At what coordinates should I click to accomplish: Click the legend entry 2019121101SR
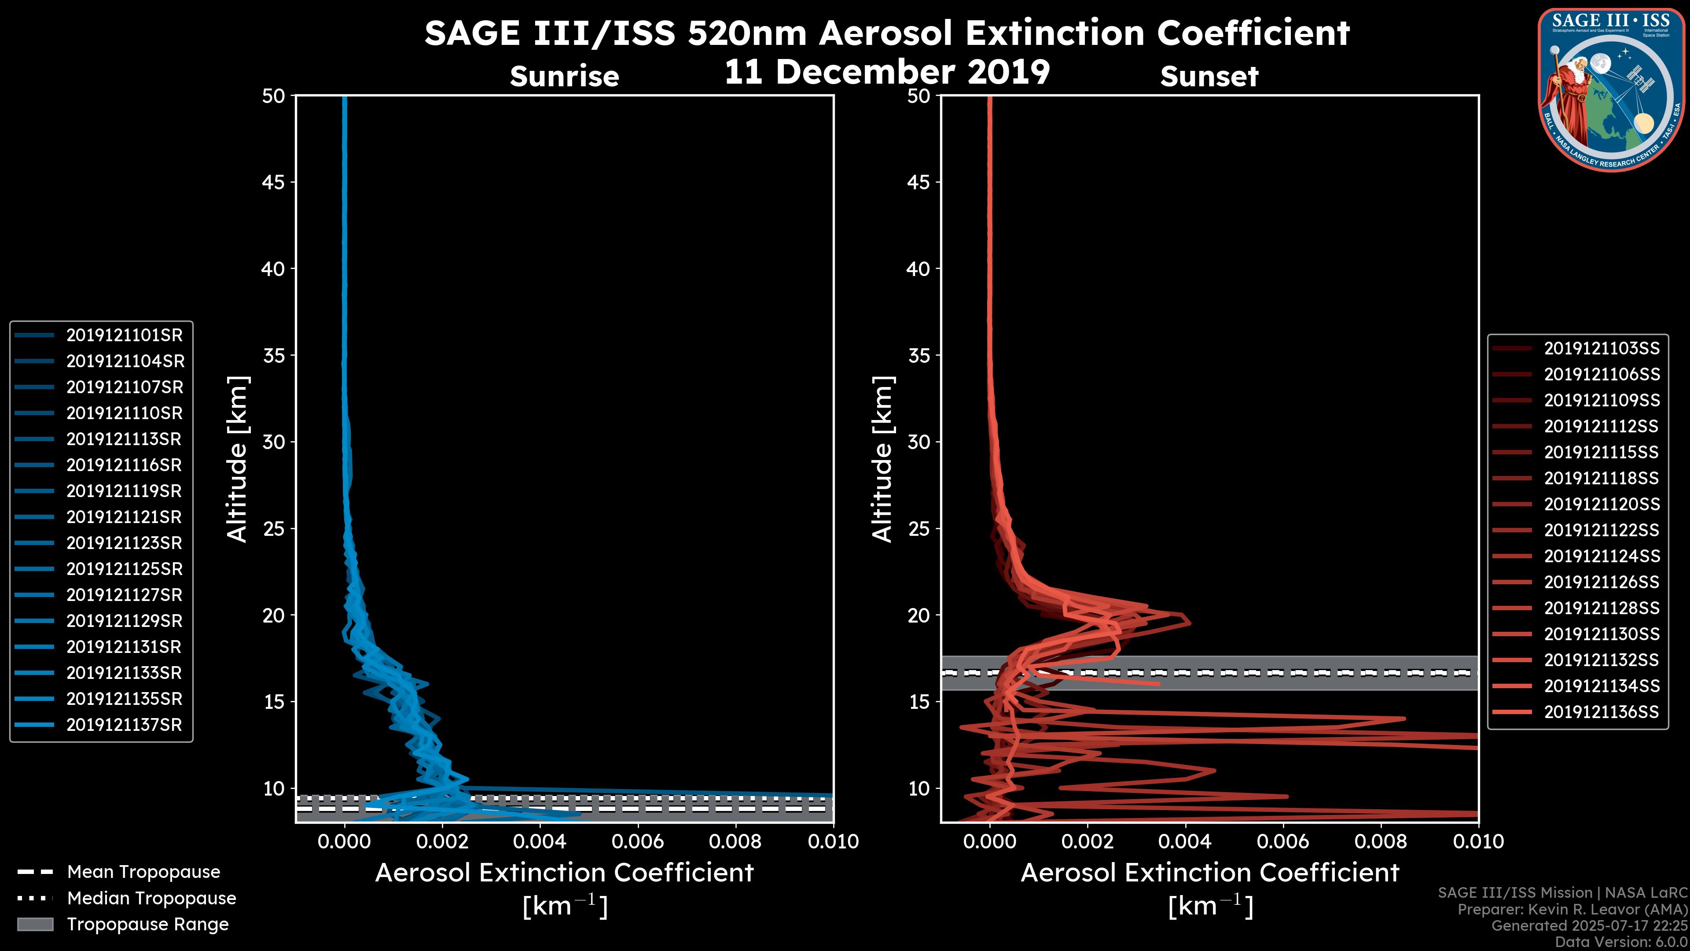pyautogui.click(x=124, y=335)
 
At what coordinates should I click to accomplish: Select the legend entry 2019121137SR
pyautogui.click(x=124, y=725)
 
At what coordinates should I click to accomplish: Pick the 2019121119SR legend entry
pyautogui.click(x=124, y=491)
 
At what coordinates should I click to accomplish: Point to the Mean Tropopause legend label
pyautogui.click(x=143, y=872)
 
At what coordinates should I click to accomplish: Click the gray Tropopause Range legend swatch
pyautogui.click(x=35, y=924)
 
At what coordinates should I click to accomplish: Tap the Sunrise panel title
pyautogui.click(x=564, y=77)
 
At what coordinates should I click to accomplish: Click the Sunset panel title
pyautogui.click(x=1209, y=77)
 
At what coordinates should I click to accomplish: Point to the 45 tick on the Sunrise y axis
pyautogui.click(x=274, y=182)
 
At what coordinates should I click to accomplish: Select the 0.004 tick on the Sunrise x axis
pyautogui.click(x=539, y=841)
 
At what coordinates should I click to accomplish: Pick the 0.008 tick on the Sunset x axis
pyautogui.click(x=1381, y=841)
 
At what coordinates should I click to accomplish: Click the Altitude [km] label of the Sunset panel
pyautogui.click(x=883, y=459)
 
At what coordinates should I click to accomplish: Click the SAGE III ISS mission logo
pyautogui.click(x=1611, y=89)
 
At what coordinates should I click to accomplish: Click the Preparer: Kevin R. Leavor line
pyautogui.click(x=1572, y=910)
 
